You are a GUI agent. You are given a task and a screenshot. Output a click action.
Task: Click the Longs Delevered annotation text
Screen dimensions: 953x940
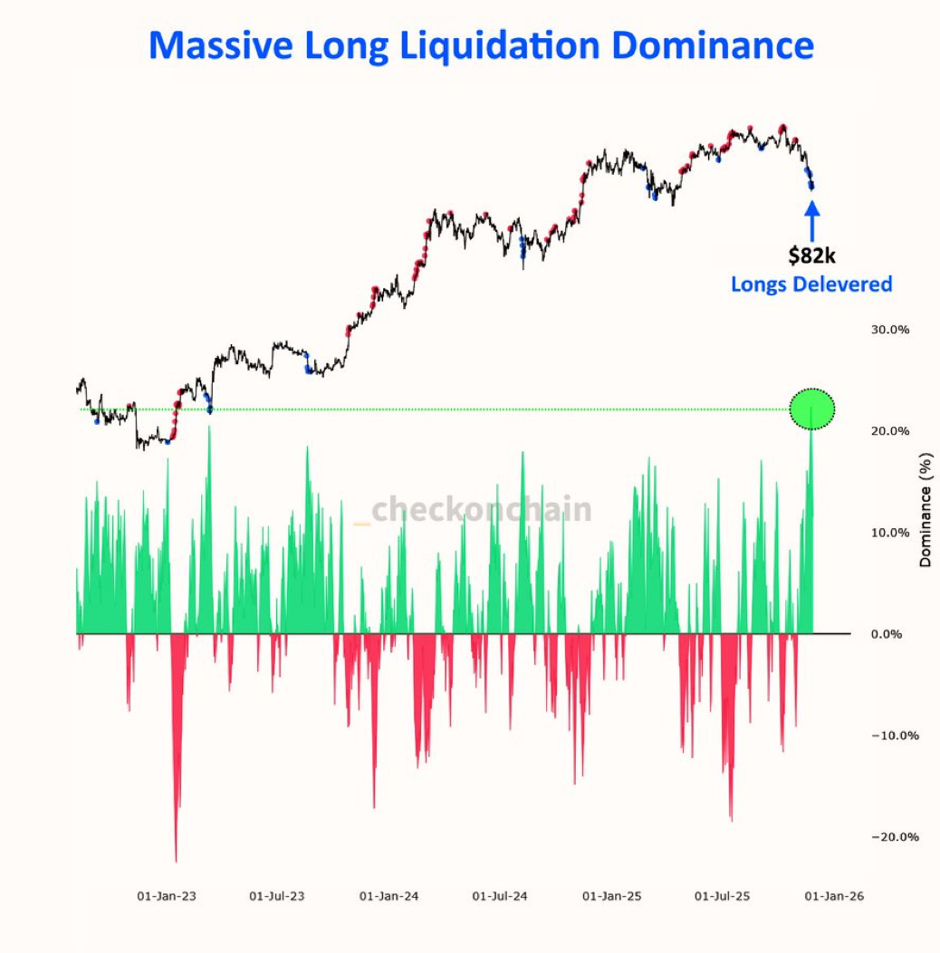[x=811, y=284]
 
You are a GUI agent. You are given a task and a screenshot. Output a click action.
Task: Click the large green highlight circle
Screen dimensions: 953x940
[x=811, y=409]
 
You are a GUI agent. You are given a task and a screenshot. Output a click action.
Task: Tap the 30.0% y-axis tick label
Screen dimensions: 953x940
[x=889, y=330]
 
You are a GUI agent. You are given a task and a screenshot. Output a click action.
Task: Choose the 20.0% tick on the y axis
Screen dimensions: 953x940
[x=889, y=431]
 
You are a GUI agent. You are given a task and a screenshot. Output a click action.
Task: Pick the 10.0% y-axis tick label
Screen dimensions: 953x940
[x=889, y=533]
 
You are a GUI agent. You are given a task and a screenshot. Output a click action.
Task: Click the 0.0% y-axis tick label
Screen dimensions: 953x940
[x=887, y=634]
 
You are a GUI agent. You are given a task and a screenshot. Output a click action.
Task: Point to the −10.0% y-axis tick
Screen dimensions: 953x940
[x=894, y=736]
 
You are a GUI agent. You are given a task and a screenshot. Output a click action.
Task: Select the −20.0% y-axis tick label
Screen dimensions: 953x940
[x=894, y=837]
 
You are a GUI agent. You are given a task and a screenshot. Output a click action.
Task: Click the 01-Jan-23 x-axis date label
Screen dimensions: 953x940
[x=167, y=897]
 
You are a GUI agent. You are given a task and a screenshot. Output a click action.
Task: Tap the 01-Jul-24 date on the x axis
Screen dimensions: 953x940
[x=500, y=897]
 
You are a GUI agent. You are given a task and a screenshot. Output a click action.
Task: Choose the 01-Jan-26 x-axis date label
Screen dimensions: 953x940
[x=834, y=897]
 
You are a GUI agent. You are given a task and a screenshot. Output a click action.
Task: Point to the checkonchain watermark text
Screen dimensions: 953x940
[x=480, y=510]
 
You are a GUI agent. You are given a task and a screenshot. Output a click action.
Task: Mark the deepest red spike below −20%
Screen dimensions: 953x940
[x=176, y=856]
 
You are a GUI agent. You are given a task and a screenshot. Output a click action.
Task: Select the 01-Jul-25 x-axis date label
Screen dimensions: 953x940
[x=723, y=897]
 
